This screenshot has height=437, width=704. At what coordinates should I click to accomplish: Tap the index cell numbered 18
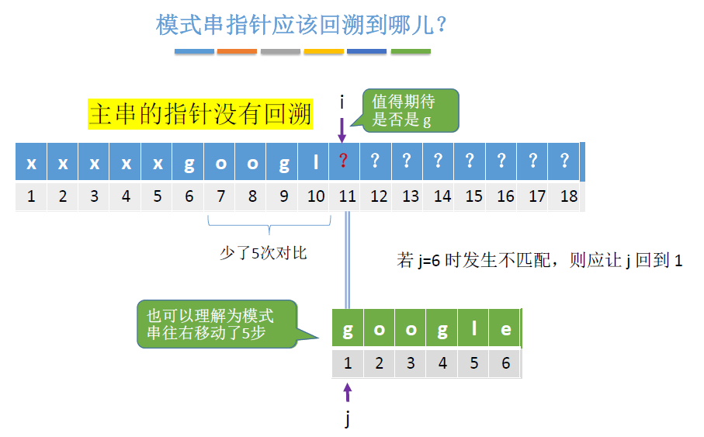tap(569, 196)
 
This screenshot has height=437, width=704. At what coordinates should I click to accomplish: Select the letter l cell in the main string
tap(315, 163)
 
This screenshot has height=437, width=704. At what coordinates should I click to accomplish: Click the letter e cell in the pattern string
tap(506, 329)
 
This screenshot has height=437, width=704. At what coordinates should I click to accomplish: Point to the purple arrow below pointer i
tap(342, 130)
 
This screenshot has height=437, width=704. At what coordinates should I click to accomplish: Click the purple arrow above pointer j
tap(348, 392)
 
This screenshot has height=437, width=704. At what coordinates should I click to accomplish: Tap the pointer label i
tap(342, 102)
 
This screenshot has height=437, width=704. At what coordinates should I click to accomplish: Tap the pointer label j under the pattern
tap(348, 420)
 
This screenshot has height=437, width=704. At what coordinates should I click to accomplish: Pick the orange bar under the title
tap(237, 52)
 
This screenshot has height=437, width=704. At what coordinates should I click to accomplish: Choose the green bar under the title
tap(411, 52)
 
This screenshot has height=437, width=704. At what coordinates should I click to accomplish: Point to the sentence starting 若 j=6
tap(539, 261)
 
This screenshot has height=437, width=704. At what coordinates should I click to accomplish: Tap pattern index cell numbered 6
tap(506, 363)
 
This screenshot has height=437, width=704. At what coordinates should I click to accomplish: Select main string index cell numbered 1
tap(31, 196)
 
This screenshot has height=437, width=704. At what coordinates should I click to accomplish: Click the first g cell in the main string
tap(189, 163)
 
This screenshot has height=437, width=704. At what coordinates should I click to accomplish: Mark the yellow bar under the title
tap(324, 52)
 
